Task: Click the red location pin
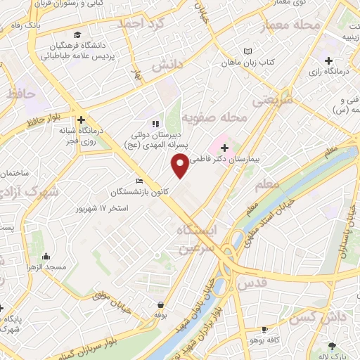(181, 165)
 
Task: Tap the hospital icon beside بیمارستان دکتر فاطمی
(225, 148)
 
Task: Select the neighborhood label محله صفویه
(214, 118)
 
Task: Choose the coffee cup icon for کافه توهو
(264, 329)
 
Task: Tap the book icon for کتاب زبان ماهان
(247, 51)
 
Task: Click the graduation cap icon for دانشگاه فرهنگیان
(77, 34)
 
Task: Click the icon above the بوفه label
(162, 305)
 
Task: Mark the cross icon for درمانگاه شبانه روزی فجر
(82, 120)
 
